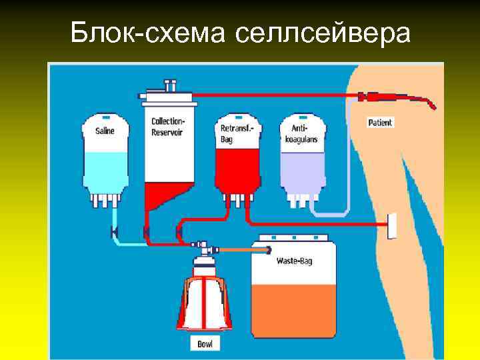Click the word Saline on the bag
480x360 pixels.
(x=105, y=131)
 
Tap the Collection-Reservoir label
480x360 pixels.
(x=169, y=127)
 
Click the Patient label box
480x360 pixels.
(x=381, y=123)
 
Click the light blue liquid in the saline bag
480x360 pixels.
(x=105, y=170)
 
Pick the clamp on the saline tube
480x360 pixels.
(x=115, y=231)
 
